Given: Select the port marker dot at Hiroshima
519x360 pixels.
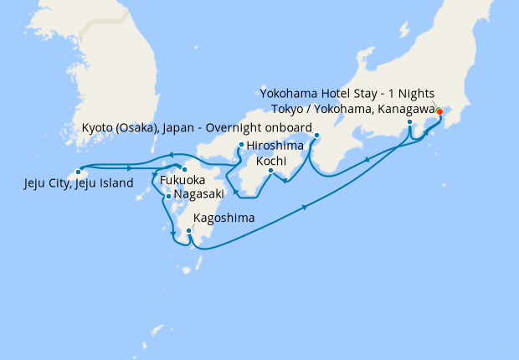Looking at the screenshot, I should pyautogui.click(x=241, y=145).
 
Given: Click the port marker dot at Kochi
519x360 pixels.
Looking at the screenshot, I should pyautogui.click(x=270, y=171).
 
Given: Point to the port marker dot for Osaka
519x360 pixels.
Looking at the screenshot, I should pyautogui.click(x=316, y=136).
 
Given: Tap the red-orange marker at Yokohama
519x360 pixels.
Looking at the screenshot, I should pyautogui.click(x=439, y=111).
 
